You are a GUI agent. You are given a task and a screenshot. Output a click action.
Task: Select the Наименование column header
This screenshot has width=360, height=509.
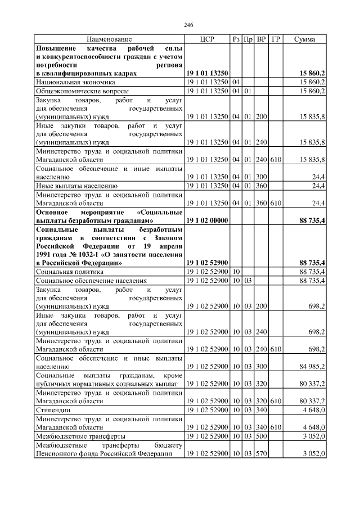tap(109, 39)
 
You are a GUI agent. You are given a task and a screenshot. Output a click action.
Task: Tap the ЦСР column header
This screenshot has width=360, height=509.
tap(206, 39)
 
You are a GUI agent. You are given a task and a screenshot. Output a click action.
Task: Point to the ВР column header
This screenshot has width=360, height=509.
tap(261, 39)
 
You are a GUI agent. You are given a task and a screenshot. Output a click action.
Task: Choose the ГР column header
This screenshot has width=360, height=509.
tap(276, 39)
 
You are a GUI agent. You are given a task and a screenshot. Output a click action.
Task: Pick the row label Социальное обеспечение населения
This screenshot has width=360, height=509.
tap(91, 280)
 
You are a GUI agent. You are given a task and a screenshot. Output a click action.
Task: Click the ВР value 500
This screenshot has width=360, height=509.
tap(261, 436)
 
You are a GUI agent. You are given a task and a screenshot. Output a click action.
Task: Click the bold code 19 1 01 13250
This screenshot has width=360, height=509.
tap(206, 73)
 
